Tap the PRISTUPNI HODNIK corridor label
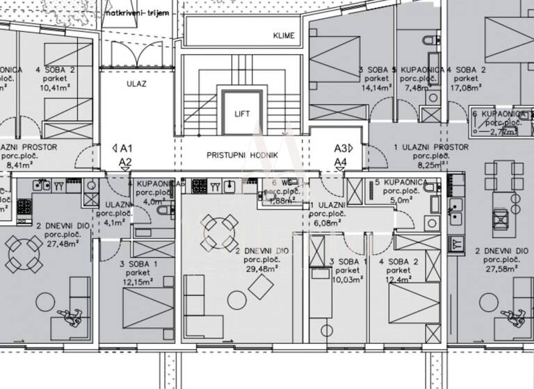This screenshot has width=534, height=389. click(x=243, y=155)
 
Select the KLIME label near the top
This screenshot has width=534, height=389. click(x=284, y=35)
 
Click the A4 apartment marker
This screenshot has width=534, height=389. click(x=340, y=163)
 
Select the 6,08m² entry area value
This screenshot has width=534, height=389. click(x=327, y=224)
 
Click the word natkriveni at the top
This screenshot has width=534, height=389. click(x=123, y=13)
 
